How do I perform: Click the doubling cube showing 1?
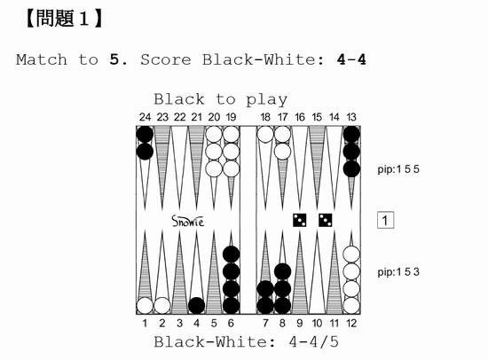385,220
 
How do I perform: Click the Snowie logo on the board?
188,221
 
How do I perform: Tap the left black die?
299,220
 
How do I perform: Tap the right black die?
326,220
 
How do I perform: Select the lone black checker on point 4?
196,306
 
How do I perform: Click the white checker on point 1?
145,306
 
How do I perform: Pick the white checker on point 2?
162,306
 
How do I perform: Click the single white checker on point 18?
265,135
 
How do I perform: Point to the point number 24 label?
145,117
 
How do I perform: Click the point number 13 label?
351,117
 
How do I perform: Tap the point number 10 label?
317,324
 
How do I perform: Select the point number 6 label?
231,324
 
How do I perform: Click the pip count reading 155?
398,169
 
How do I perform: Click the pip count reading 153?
398,272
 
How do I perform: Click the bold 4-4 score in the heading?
351,59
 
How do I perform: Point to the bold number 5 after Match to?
114,59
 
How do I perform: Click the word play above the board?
267,100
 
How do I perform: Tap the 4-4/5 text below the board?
313,342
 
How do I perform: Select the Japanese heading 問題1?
63,19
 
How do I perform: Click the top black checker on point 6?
231,254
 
